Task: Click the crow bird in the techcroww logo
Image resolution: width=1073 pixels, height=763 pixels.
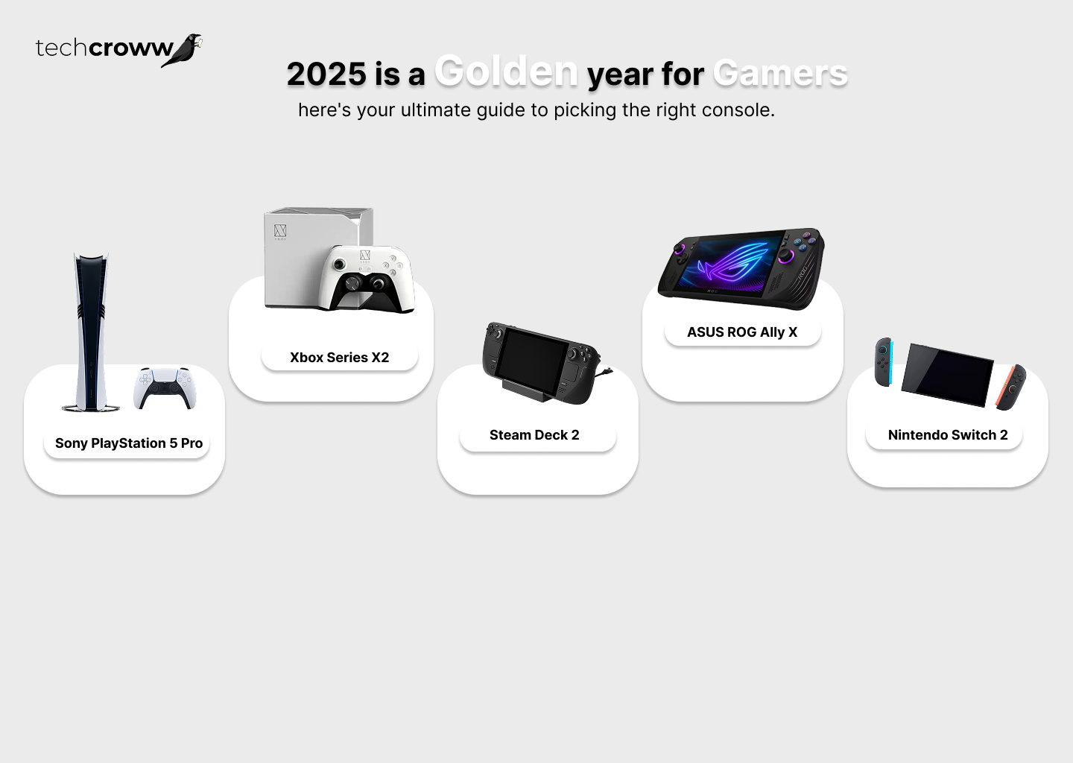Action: click(181, 50)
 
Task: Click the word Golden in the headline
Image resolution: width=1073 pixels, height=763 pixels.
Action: click(506, 71)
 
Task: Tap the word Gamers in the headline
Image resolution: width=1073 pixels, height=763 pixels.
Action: click(780, 73)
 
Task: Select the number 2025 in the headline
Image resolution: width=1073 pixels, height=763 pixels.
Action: click(326, 75)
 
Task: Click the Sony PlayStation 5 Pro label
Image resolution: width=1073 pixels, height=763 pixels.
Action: click(128, 443)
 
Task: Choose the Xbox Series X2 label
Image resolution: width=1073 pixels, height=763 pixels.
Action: click(340, 358)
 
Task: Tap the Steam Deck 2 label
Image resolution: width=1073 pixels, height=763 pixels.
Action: click(534, 435)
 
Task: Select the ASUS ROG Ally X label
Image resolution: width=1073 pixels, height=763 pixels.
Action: click(742, 332)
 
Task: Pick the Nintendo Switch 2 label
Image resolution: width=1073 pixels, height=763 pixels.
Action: click(948, 435)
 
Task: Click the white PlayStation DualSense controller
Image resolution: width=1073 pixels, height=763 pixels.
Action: click(165, 388)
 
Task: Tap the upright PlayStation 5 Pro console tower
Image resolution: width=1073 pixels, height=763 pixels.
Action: click(91, 332)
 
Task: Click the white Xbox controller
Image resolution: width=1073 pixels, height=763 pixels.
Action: click(367, 278)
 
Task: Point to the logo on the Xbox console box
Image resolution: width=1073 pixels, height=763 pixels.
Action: click(280, 232)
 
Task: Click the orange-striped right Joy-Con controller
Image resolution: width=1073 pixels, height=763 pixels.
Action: click(1010, 387)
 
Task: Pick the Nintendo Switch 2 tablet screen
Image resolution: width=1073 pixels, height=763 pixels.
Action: click(947, 375)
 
